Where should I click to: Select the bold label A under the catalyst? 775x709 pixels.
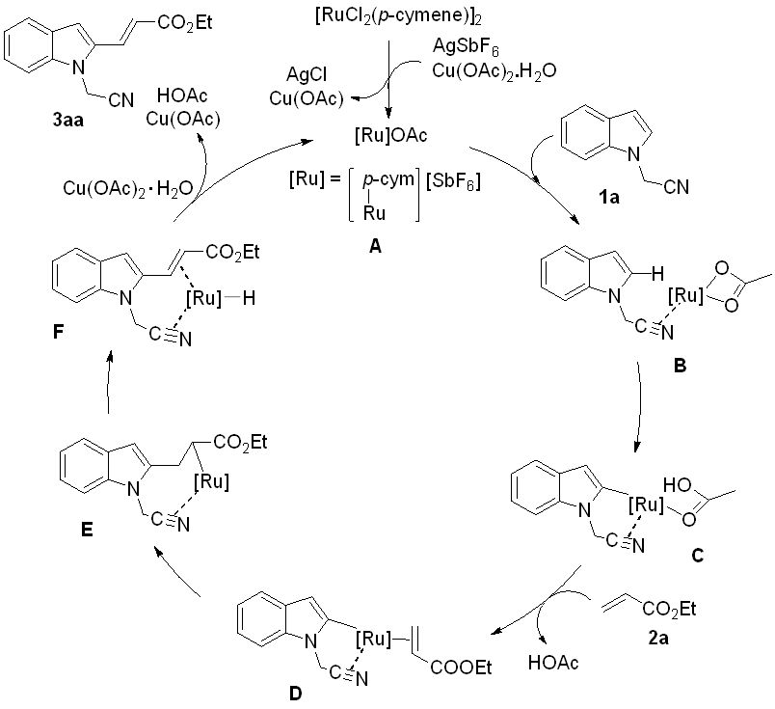click(377, 248)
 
